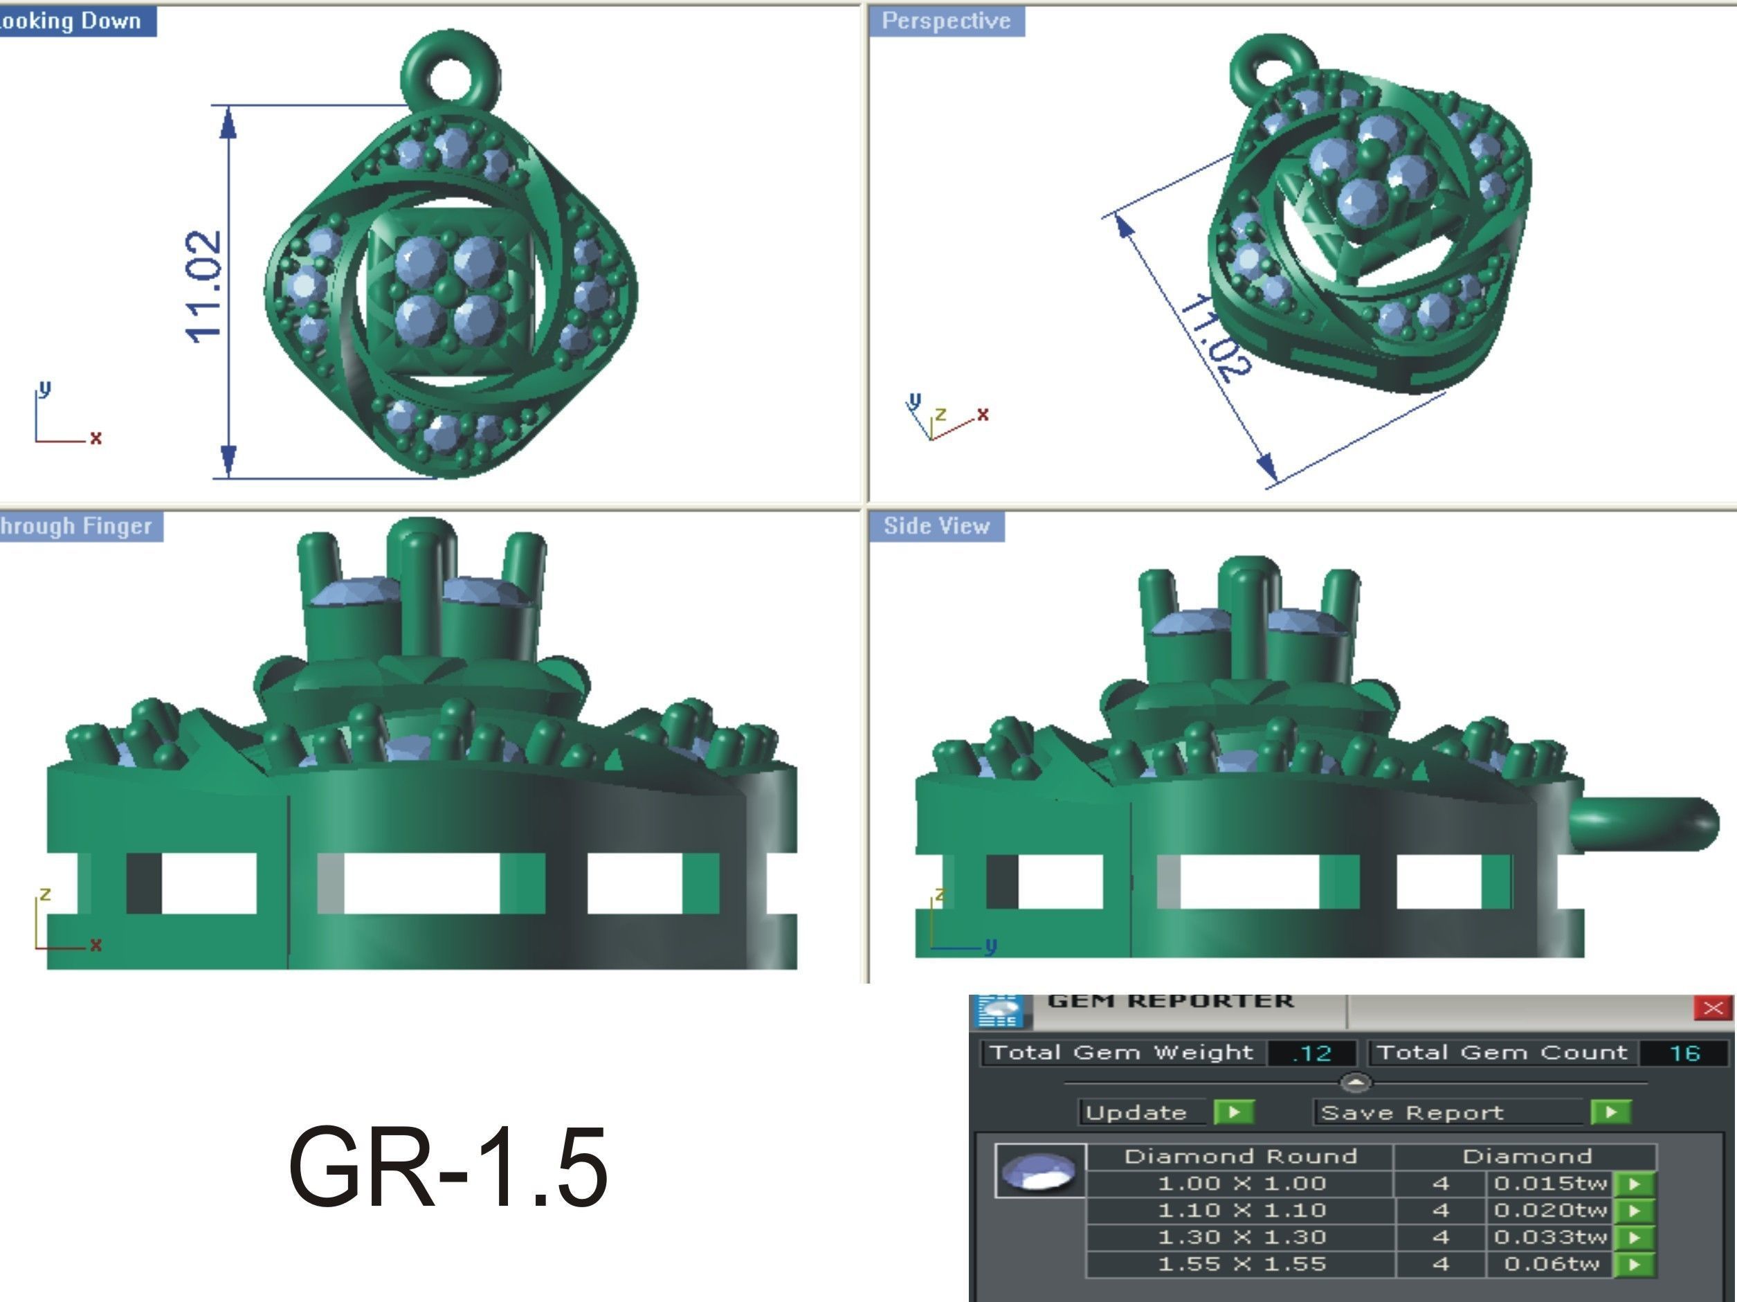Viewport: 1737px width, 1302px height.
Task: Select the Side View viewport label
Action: [936, 526]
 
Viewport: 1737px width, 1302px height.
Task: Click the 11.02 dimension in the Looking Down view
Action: [203, 287]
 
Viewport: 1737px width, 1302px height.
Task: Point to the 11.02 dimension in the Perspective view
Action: [1214, 338]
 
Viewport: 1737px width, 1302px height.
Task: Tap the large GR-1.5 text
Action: [448, 1167]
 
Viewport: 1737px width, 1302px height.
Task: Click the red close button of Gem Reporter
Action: [1713, 1009]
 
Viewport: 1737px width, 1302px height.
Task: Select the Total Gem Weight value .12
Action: [1311, 1053]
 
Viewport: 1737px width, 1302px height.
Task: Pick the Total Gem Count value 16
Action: [1685, 1053]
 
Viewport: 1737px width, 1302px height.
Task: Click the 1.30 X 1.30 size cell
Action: [1241, 1238]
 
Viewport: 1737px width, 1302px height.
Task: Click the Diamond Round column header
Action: [1241, 1157]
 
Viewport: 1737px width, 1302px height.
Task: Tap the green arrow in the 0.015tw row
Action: [1636, 1184]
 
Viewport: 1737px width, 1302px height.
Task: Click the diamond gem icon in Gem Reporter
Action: [1039, 1171]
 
